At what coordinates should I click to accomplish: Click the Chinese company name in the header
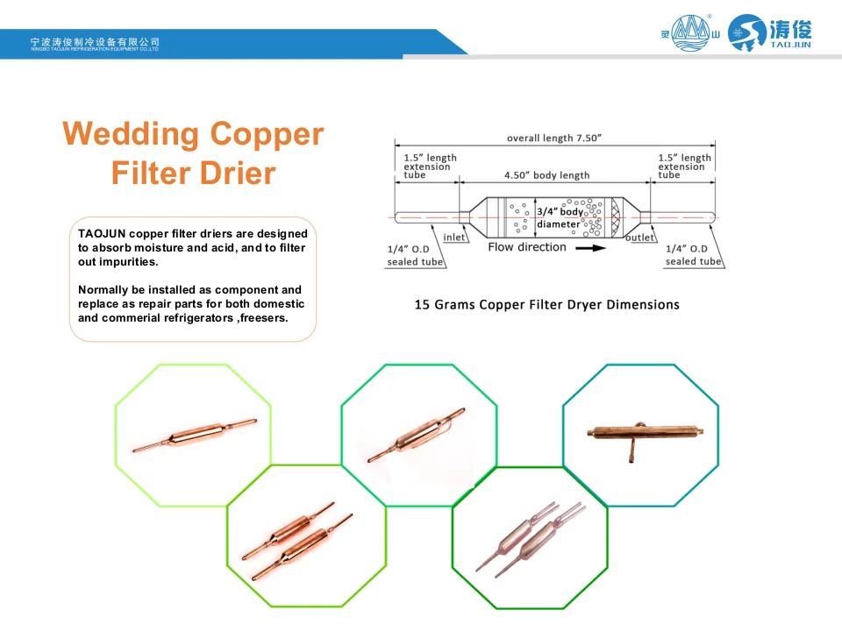tap(95, 41)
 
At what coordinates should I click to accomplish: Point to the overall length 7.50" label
tap(554, 138)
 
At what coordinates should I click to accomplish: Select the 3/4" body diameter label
tap(560, 218)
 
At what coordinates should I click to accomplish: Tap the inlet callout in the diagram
tap(454, 238)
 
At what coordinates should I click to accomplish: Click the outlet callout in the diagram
tap(640, 238)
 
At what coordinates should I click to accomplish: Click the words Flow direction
tap(527, 247)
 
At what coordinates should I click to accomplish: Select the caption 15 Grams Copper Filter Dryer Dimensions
tap(546, 305)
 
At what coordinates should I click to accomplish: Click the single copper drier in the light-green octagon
tap(195, 435)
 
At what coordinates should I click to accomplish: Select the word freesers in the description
tap(266, 318)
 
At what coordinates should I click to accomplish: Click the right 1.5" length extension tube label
tap(685, 166)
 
